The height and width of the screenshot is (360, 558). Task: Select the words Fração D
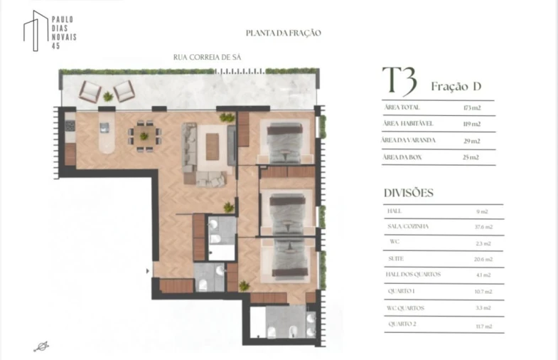coord(456,87)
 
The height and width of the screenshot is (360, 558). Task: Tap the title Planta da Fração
coord(284,33)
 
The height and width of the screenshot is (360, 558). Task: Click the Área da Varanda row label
coord(408,140)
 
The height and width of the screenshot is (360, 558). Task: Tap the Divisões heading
coord(409,193)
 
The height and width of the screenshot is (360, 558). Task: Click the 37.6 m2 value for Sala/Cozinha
coord(481,227)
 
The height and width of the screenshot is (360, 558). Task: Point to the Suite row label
coord(396,259)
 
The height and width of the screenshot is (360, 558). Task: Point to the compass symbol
coord(41,346)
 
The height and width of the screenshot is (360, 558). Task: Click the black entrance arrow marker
coord(147,270)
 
